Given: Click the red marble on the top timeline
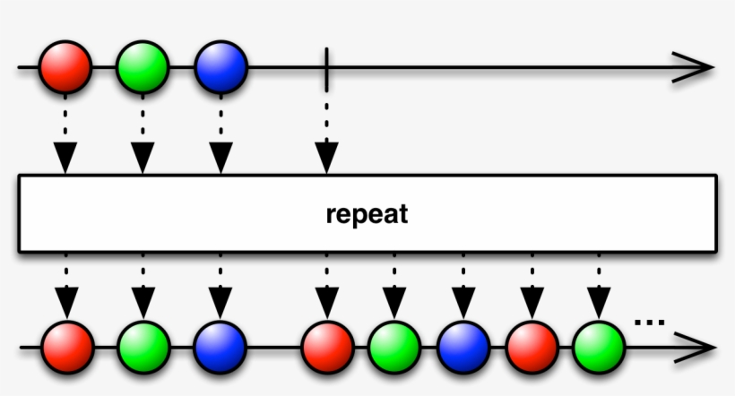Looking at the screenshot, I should (65, 67).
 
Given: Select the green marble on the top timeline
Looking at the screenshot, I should (143, 67).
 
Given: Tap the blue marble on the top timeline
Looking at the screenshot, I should (220, 67).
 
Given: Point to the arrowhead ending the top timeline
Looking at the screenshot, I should (694, 67).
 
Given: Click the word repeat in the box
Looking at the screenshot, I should (367, 215).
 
